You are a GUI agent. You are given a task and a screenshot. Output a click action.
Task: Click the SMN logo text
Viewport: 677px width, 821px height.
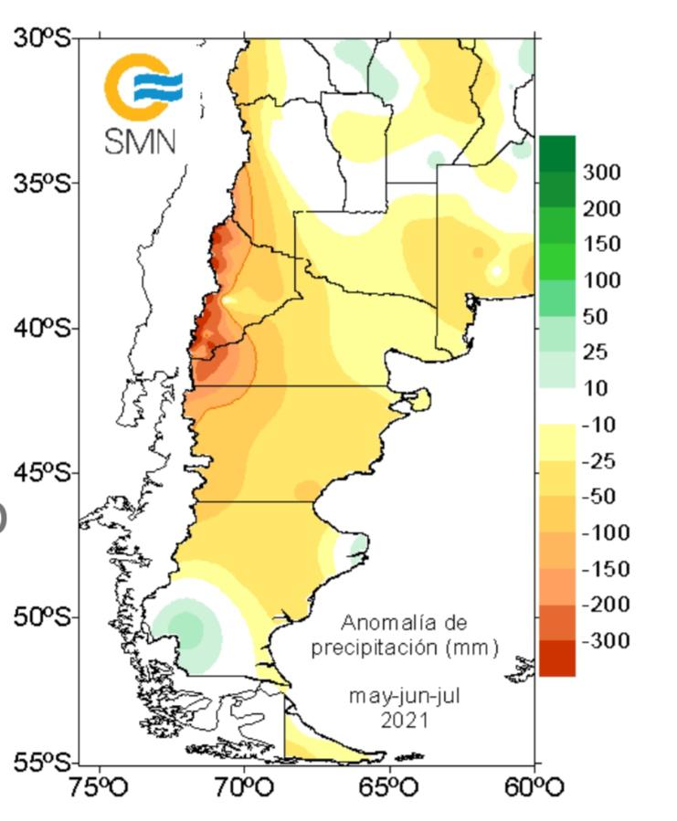point(140,141)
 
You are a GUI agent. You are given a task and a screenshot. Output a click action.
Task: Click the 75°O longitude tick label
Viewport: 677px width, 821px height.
point(99,787)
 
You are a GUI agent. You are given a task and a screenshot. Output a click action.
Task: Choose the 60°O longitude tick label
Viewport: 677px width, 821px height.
point(534,787)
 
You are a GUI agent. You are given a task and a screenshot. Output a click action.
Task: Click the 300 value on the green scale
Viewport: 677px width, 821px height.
point(602,173)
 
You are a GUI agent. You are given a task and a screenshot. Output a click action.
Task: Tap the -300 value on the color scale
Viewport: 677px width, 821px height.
point(605,642)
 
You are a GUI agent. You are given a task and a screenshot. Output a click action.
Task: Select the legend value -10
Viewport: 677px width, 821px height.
point(598,426)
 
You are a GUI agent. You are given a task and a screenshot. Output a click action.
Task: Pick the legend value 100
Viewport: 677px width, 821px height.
point(602,280)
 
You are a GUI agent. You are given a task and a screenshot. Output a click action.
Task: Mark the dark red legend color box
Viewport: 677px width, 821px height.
point(557,658)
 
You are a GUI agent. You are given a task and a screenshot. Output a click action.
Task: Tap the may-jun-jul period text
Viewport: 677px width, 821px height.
point(405,696)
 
